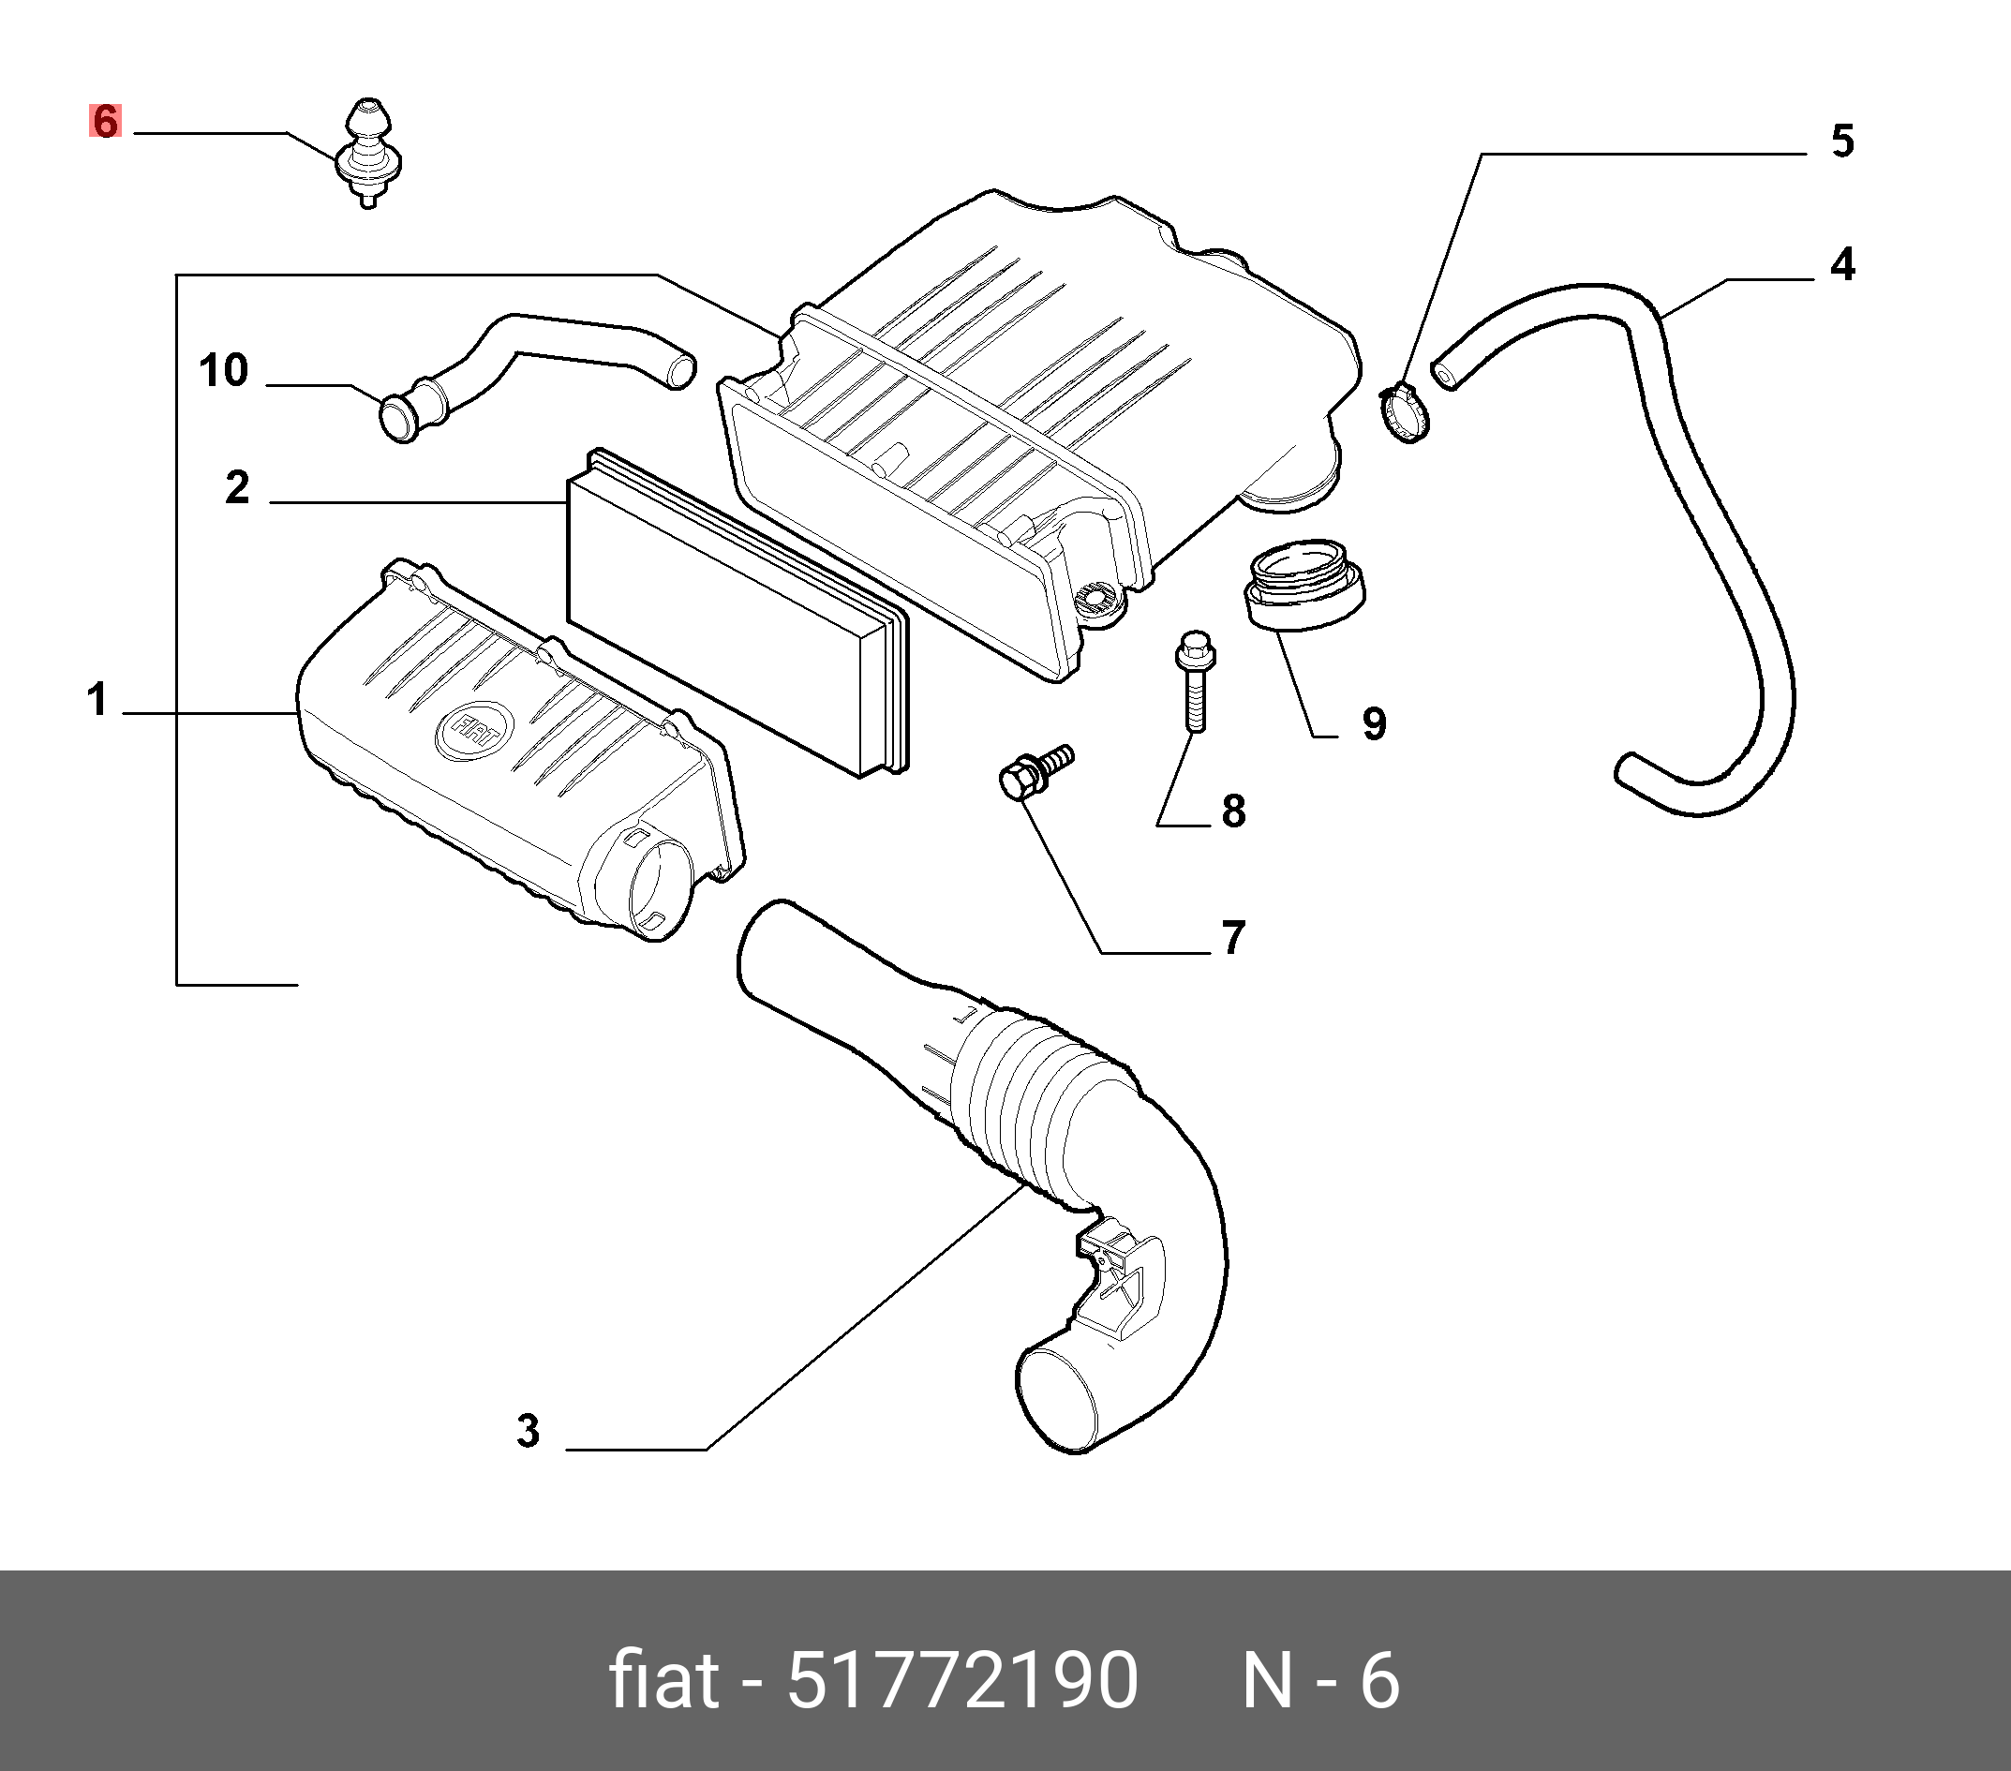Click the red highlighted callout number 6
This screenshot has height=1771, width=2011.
105,121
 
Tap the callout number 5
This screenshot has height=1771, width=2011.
1841,141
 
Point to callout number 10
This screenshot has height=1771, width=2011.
223,371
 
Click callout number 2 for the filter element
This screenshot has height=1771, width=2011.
237,487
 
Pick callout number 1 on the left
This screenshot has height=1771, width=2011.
97,701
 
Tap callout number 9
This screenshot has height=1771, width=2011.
1374,723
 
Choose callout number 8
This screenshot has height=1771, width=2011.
1234,811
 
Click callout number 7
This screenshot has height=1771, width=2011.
1234,938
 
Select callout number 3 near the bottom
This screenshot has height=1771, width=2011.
529,1432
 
